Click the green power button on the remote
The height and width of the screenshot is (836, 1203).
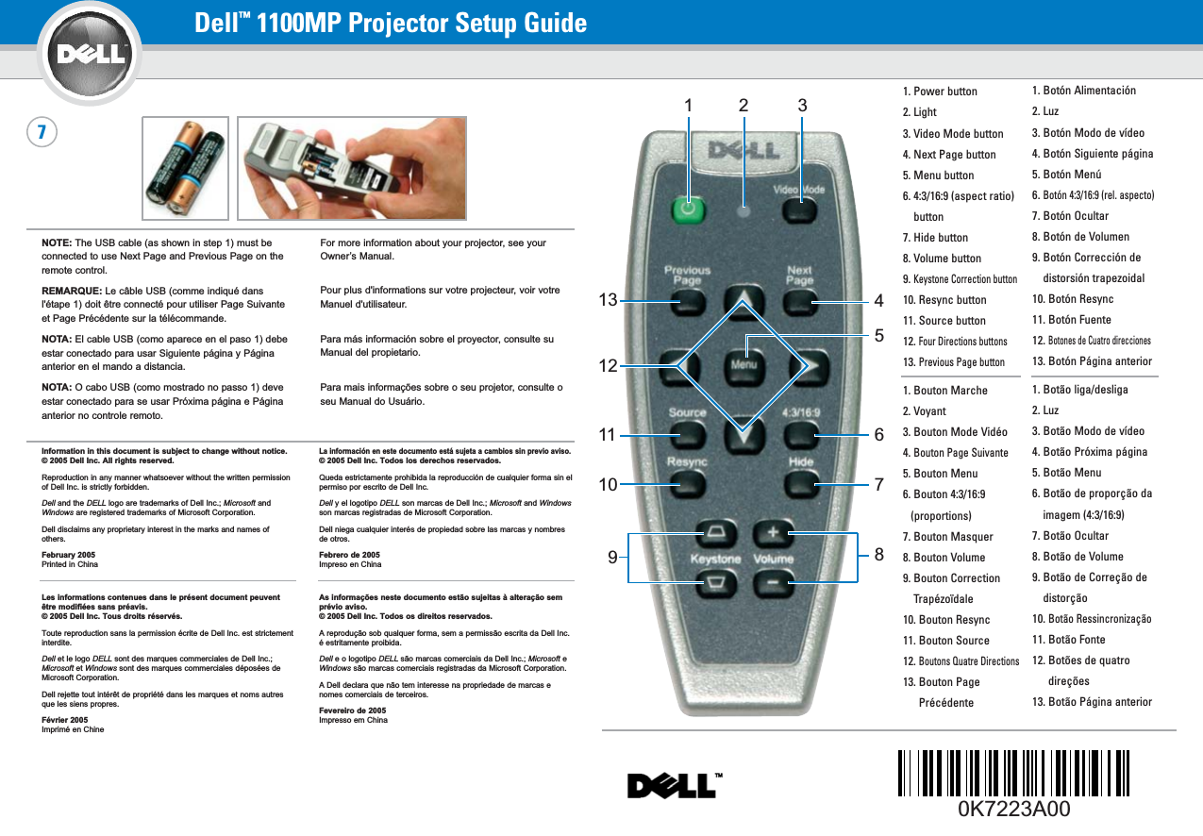click(688, 209)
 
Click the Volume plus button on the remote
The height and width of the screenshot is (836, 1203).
click(773, 534)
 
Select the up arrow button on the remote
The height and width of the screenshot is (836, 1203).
click(743, 301)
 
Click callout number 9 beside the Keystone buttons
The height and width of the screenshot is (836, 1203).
click(612, 557)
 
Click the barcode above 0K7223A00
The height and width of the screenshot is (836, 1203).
click(1013, 771)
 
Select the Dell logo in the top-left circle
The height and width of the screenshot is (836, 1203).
click(92, 53)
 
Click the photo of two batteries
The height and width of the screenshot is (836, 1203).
click(185, 168)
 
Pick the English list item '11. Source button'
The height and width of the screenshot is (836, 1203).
click(944, 321)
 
